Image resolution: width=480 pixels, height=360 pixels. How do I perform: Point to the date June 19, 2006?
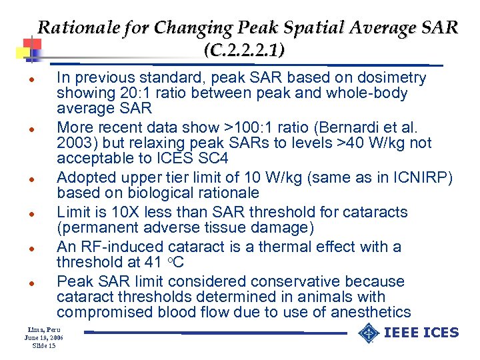pyautogui.click(x=42, y=338)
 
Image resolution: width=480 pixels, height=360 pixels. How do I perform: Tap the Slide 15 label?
pyautogui.click(x=43, y=346)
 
